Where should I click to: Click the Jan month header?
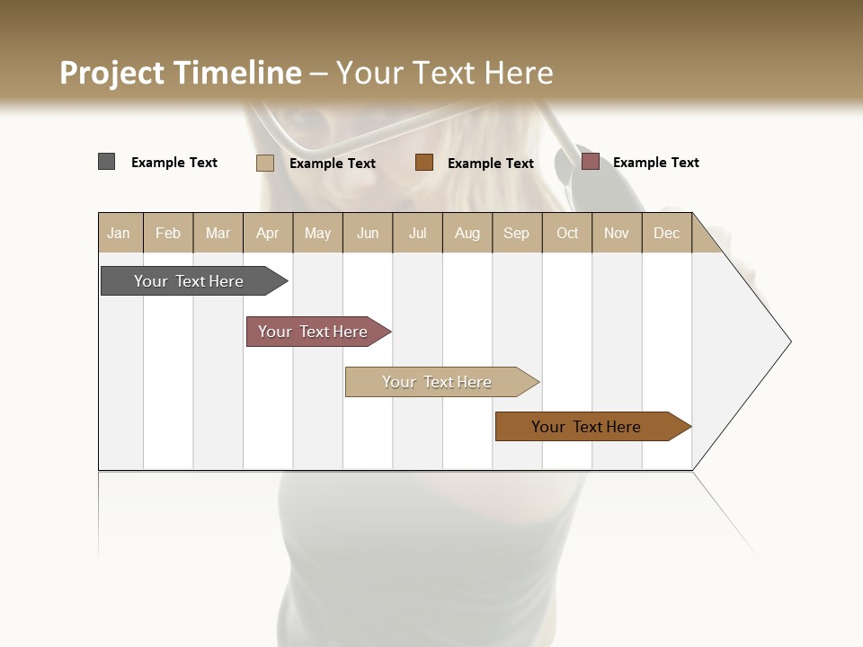[x=119, y=233]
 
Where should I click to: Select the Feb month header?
[x=168, y=233]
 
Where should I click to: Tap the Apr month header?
[x=267, y=233]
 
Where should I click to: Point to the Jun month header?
[x=368, y=233]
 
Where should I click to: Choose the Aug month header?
[x=467, y=233]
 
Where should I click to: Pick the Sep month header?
[x=516, y=233]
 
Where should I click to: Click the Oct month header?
[x=567, y=233]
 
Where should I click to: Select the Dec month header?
[x=666, y=233]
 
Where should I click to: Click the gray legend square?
[x=107, y=162]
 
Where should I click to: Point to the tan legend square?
[x=265, y=163]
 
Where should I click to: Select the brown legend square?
[x=424, y=163]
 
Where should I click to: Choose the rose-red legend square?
[x=591, y=162]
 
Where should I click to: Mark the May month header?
[x=317, y=233]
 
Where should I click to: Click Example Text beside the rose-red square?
[x=655, y=163]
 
